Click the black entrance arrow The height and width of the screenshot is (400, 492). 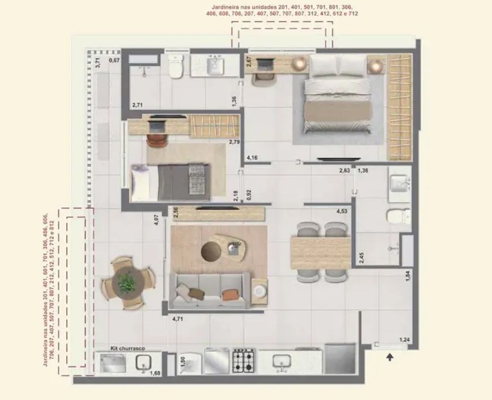[x=390, y=357]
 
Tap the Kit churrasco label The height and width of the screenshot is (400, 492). [x=128, y=348]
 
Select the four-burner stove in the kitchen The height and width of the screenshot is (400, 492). [x=244, y=361]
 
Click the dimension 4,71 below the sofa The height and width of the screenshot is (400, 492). [x=178, y=319]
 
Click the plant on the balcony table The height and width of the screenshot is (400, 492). [x=127, y=282]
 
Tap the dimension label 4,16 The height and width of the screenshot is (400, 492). [x=252, y=158]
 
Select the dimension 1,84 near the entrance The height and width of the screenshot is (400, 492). [x=408, y=276]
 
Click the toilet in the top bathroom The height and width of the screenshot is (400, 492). [x=176, y=66]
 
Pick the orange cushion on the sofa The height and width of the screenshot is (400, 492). [x=230, y=295]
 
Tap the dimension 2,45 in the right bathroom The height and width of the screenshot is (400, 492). [x=361, y=257]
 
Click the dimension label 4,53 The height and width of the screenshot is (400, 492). [x=342, y=211]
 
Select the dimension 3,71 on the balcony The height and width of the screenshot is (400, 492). [x=98, y=63]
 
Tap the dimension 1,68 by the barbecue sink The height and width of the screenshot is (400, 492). [x=155, y=373]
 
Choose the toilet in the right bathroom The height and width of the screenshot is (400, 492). [x=399, y=216]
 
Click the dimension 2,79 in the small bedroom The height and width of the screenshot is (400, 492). [x=234, y=142]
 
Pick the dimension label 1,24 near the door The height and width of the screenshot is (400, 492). [x=404, y=339]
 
